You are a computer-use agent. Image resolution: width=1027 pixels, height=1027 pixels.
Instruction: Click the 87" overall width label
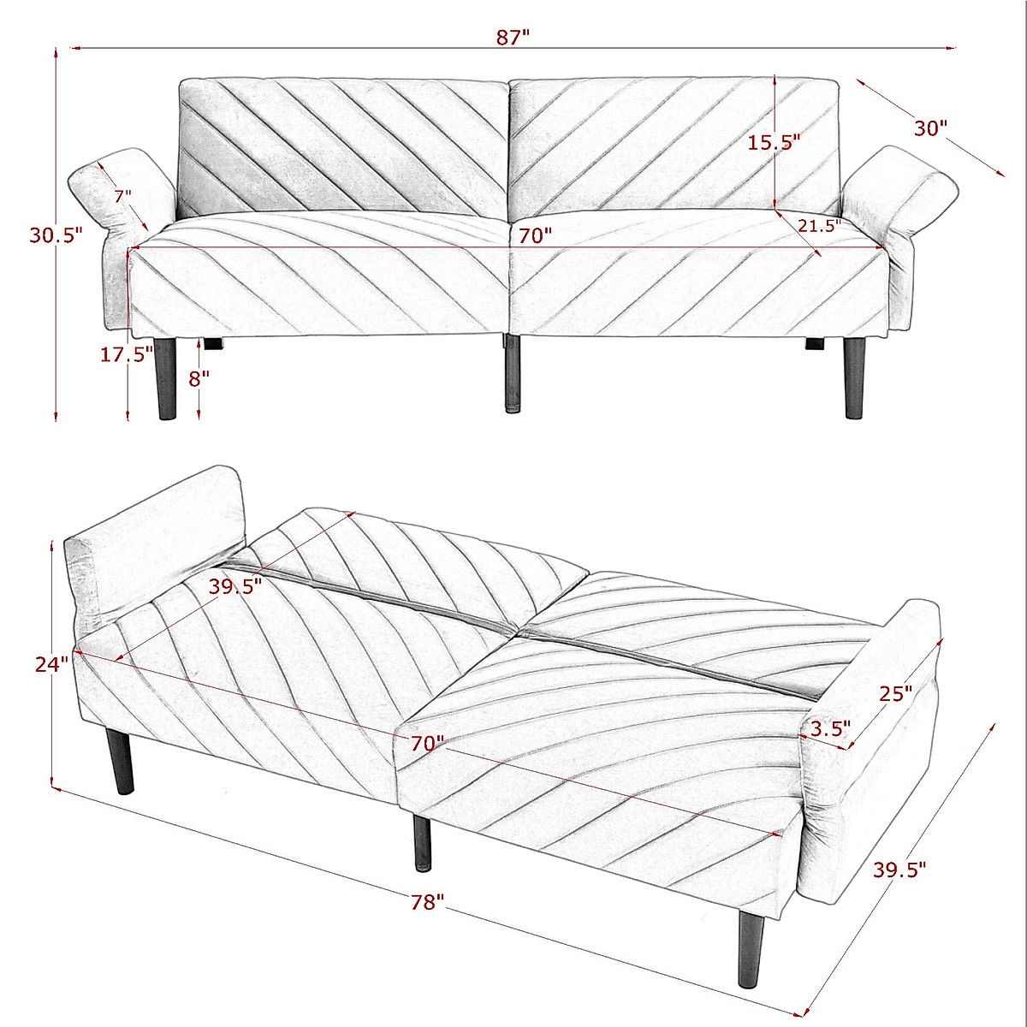point(513,37)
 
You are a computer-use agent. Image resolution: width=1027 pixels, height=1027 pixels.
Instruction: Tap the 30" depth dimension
point(930,129)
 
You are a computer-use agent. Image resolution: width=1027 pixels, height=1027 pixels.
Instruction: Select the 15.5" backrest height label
point(774,142)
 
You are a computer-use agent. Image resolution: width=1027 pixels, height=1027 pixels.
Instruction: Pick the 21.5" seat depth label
point(819,225)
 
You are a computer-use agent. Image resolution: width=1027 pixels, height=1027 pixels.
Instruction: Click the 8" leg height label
point(199,378)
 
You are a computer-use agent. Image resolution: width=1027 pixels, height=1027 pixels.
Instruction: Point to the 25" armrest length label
point(896,693)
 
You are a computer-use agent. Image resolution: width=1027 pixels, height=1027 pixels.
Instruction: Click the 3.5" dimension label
point(830,728)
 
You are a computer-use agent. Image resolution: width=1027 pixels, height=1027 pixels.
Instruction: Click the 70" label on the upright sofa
point(535,235)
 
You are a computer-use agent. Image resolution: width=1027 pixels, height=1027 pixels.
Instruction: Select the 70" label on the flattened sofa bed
point(427,743)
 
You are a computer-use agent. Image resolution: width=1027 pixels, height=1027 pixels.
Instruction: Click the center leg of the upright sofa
point(512,372)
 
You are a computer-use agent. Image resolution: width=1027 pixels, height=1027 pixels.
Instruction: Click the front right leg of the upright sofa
point(853,377)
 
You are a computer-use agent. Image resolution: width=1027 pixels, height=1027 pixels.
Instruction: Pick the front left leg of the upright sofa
point(167,377)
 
